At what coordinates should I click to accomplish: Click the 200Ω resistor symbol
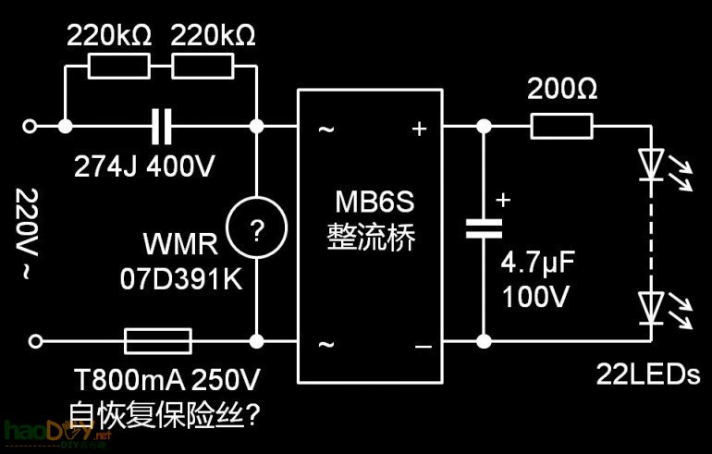click(x=561, y=127)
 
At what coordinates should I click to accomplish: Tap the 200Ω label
click(x=561, y=90)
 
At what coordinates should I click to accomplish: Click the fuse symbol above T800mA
click(x=157, y=342)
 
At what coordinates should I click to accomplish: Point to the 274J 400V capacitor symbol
click(x=162, y=127)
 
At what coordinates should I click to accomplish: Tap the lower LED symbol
click(x=653, y=301)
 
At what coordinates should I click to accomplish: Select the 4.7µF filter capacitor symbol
click(x=482, y=228)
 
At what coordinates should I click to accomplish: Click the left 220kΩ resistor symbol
click(x=117, y=66)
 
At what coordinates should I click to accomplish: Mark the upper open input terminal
click(x=36, y=127)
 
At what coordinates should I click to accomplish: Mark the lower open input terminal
click(x=36, y=342)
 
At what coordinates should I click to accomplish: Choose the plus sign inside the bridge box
click(x=419, y=129)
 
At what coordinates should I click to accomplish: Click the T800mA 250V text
click(x=164, y=379)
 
